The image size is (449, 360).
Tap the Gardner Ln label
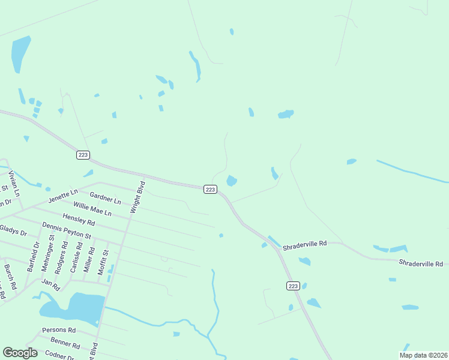click(x=105, y=197)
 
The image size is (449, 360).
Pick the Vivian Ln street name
click(x=13, y=184)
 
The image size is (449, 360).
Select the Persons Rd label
click(x=59, y=330)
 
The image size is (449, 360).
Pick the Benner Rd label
click(x=65, y=343)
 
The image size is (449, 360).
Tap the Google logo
click(x=20, y=353)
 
